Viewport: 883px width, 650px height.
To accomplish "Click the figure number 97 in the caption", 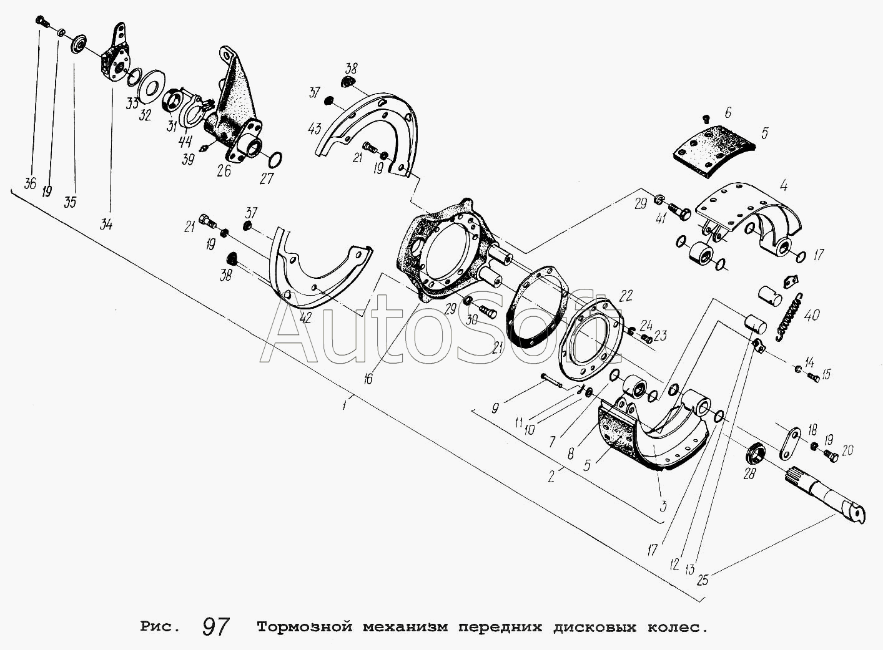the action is [216, 626].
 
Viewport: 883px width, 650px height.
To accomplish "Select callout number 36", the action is [29, 184].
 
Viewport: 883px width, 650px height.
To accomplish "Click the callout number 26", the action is [224, 170].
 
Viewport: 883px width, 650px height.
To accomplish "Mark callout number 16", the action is [368, 378].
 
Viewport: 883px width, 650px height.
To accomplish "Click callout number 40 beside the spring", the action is [812, 315].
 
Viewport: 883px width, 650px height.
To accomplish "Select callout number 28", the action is [749, 473].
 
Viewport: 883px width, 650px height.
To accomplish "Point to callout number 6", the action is [728, 113].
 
